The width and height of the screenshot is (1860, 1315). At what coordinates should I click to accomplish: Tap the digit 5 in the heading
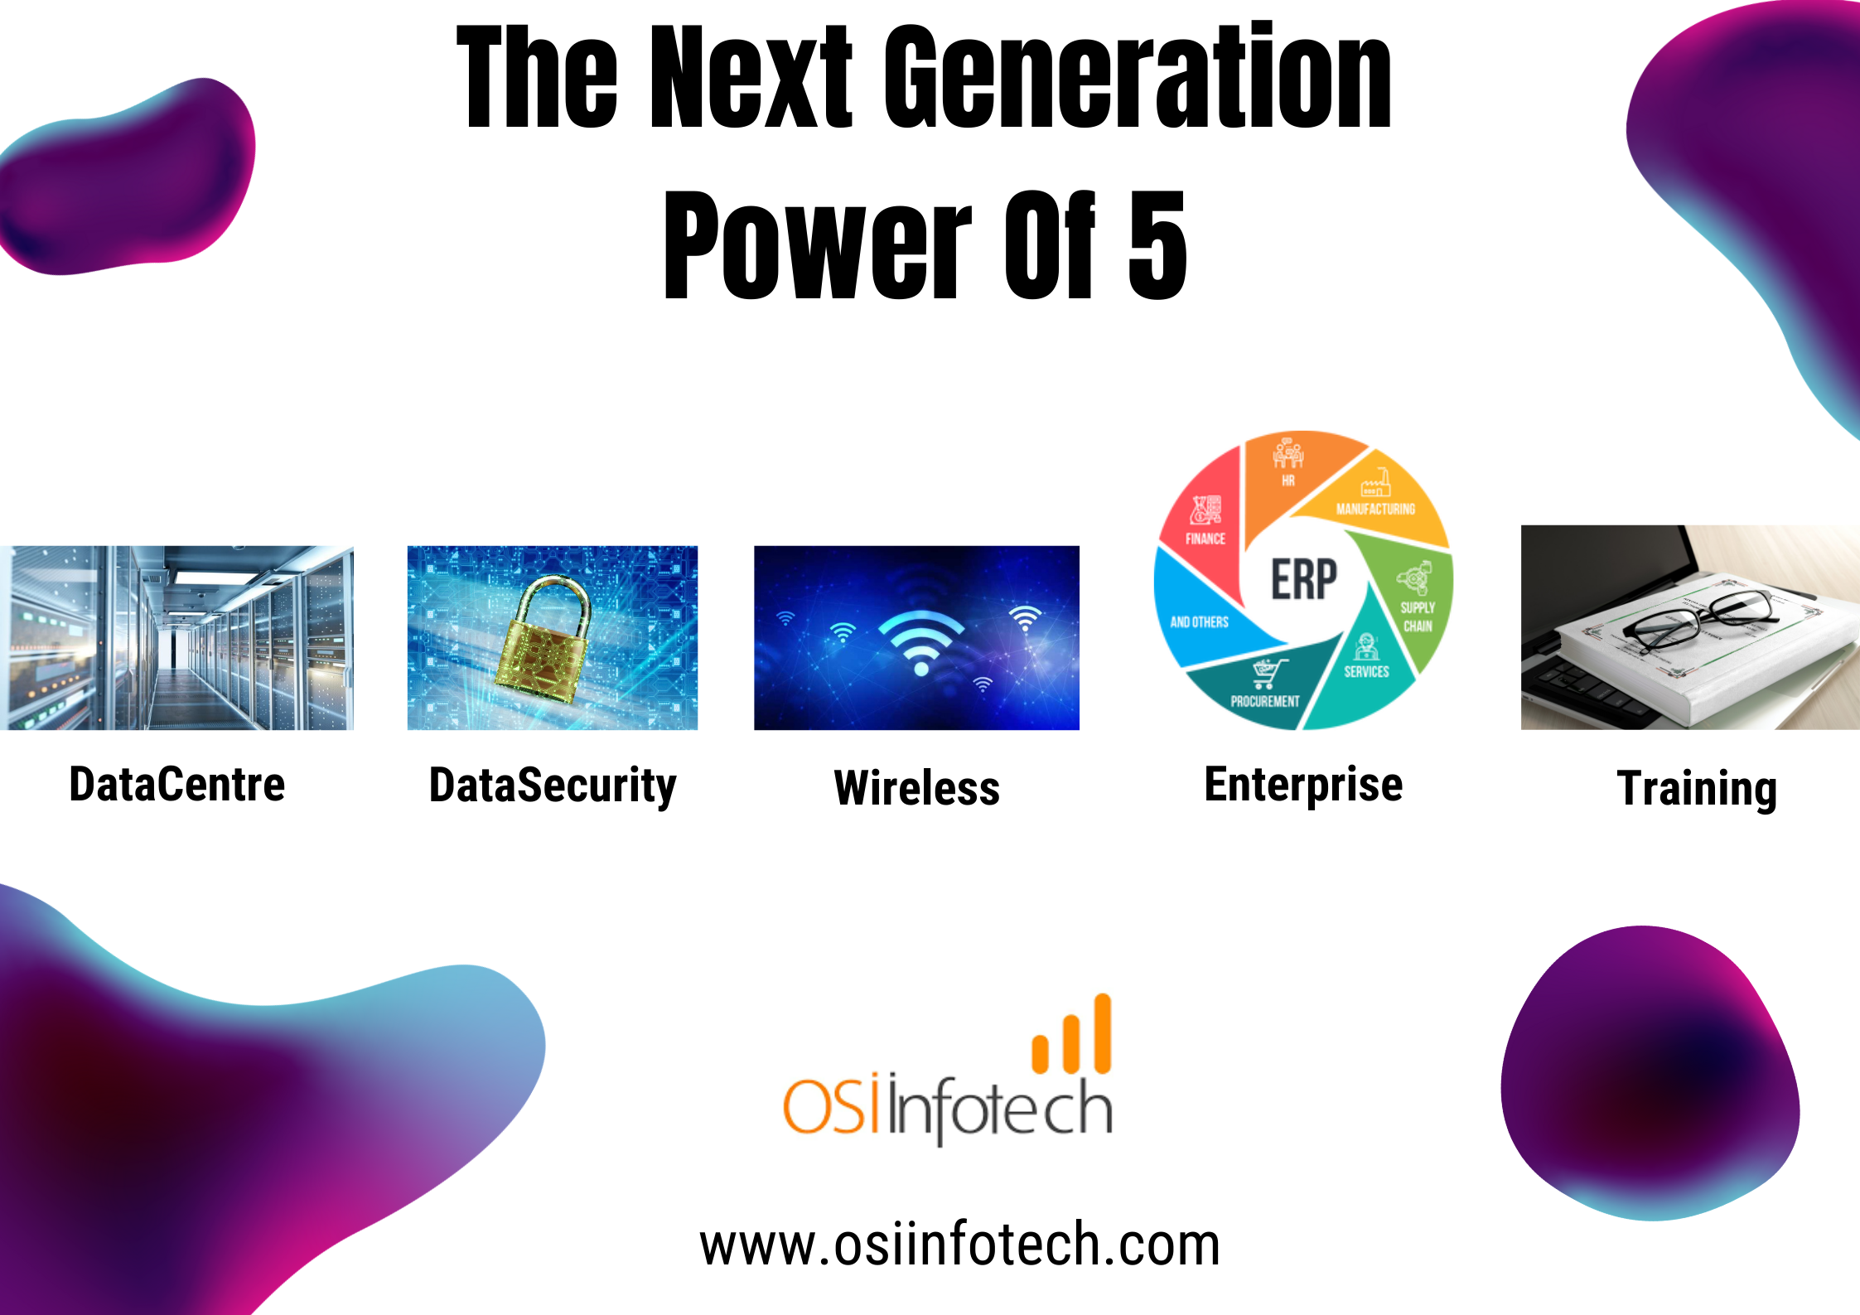(x=1157, y=244)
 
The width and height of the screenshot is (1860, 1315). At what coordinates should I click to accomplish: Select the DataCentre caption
(x=177, y=785)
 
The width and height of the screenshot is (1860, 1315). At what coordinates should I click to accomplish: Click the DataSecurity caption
(x=553, y=786)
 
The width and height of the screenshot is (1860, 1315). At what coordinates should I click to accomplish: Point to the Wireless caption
(x=917, y=788)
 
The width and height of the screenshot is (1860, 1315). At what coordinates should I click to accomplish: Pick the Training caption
(x=1698, y=789)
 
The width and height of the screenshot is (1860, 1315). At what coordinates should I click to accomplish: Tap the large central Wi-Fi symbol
(x=921, y=643)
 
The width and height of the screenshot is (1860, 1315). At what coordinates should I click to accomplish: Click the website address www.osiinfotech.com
(x=959, y=1245)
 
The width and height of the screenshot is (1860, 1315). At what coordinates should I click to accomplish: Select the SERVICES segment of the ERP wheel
(x=1363, y=663)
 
